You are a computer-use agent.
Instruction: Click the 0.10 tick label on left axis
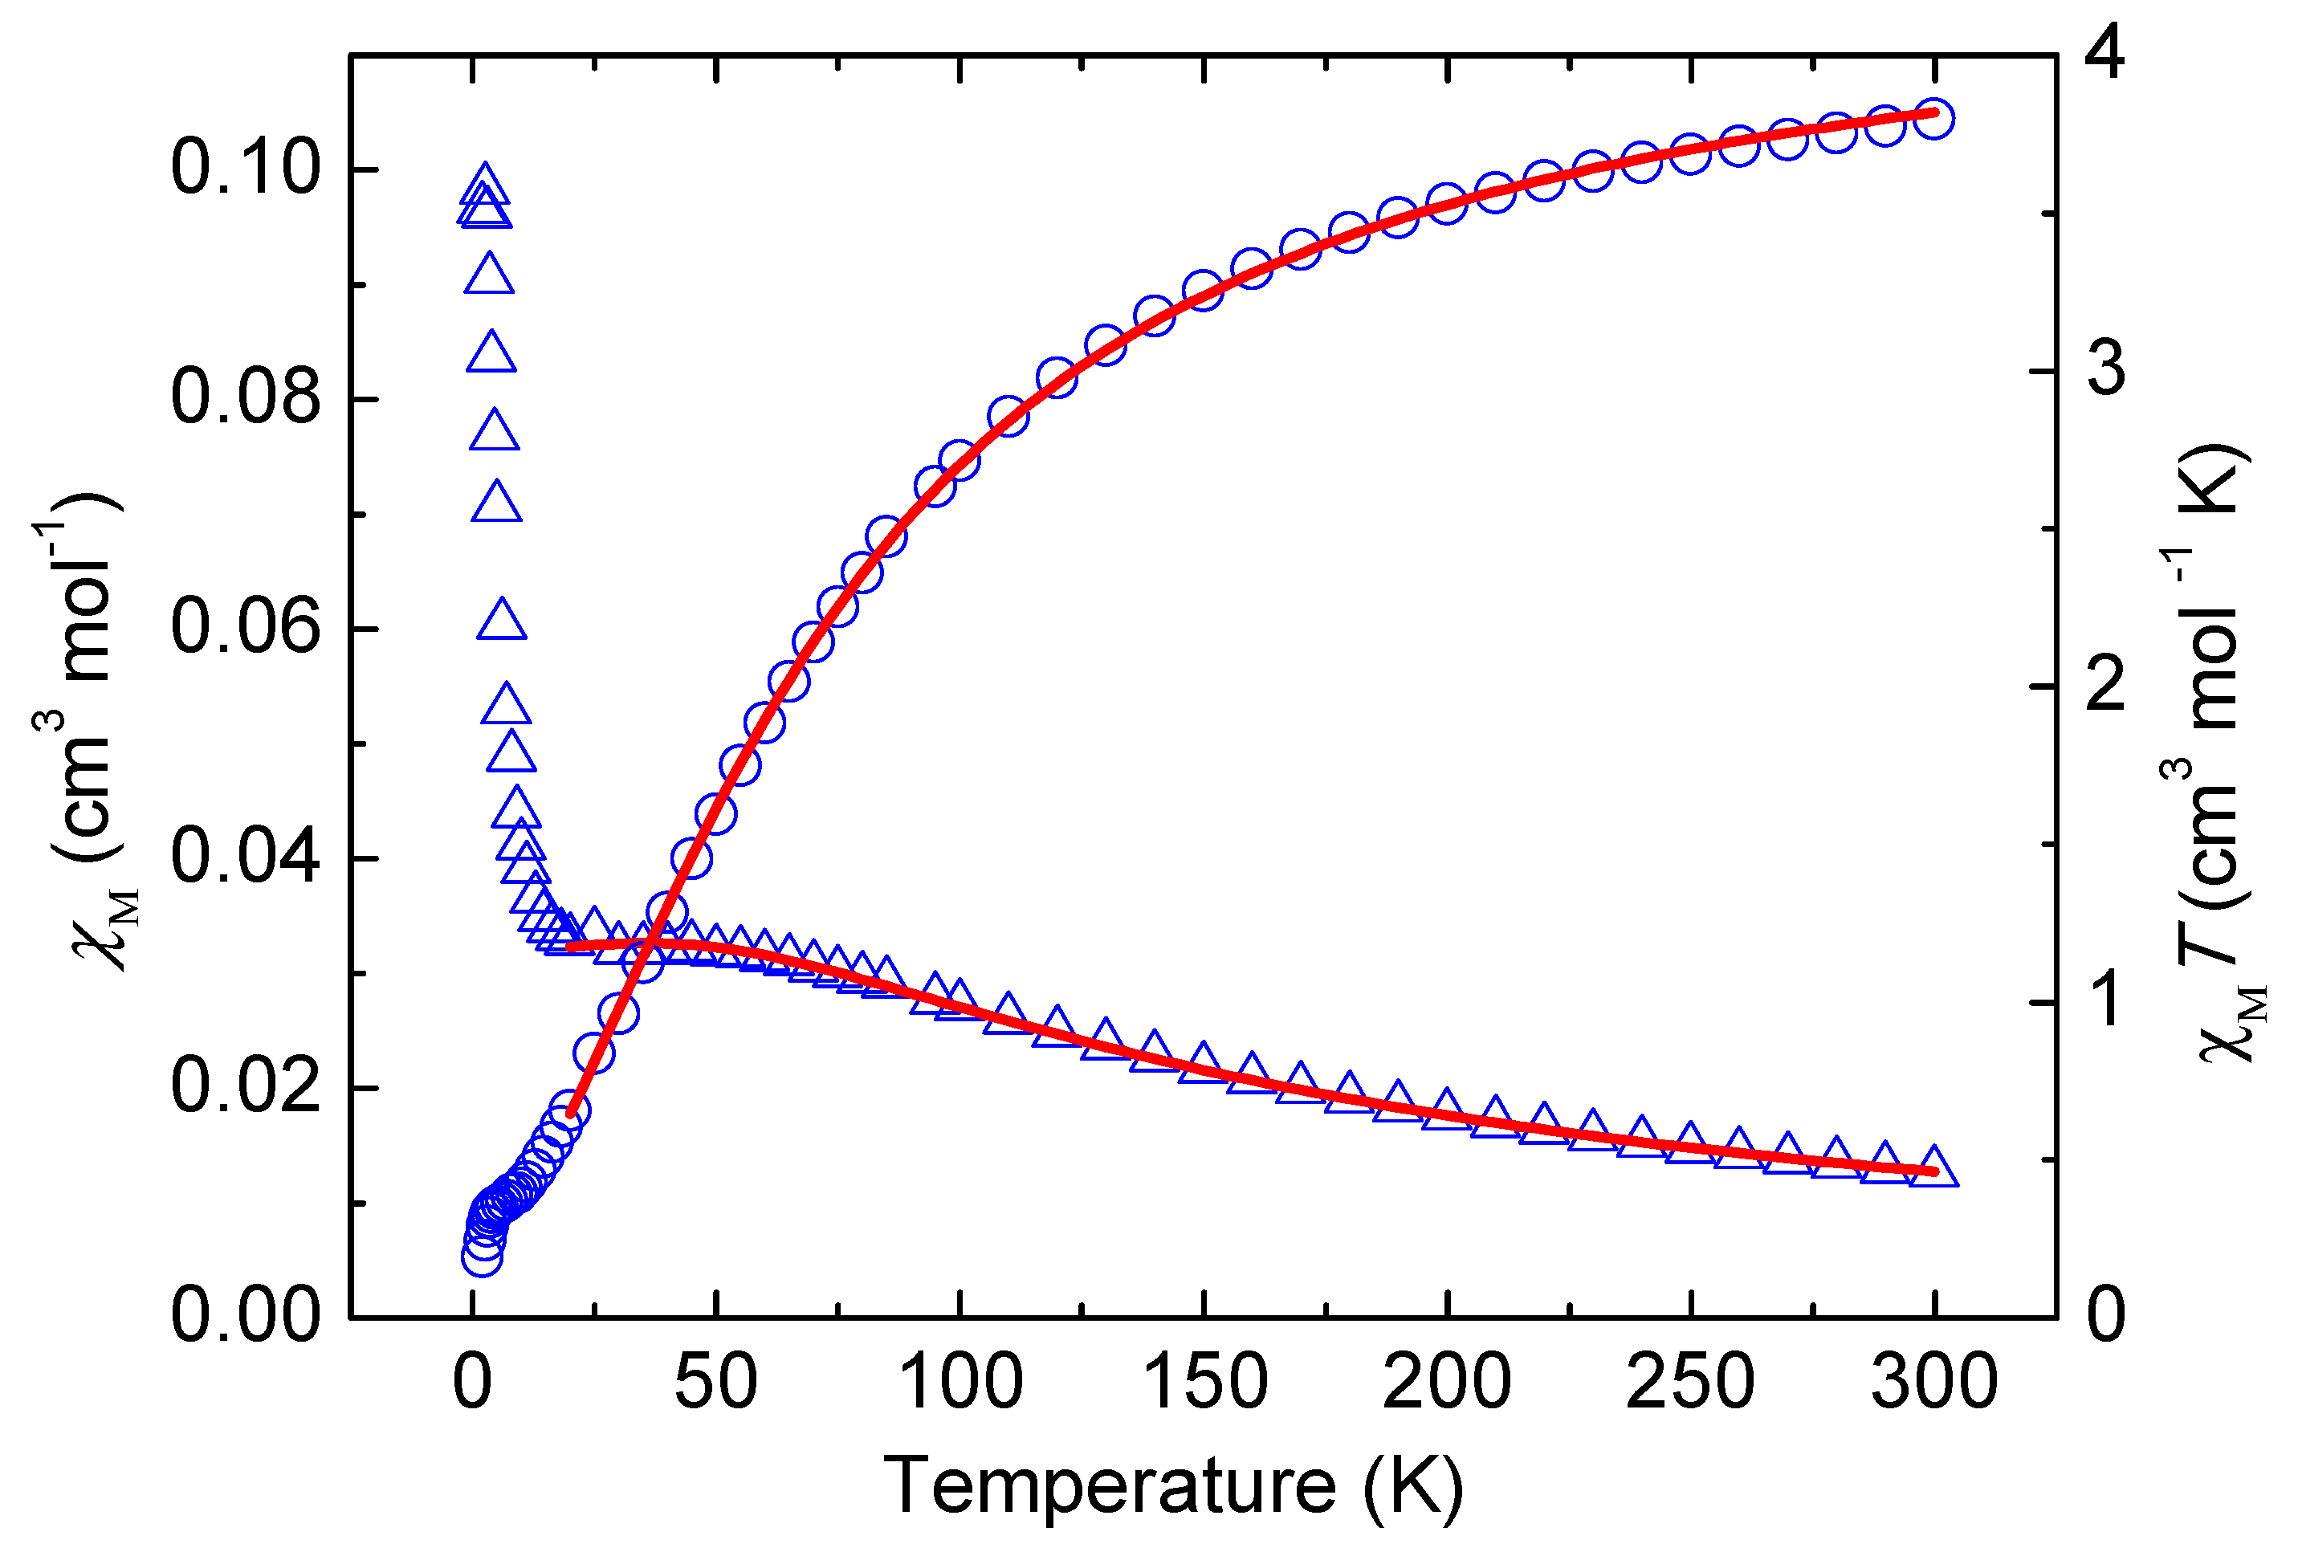coord(245,168)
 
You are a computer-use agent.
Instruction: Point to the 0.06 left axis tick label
coord(245,627)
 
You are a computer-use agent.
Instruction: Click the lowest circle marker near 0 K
coord(482,1256)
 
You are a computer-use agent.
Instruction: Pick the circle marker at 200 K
coord(1447,203)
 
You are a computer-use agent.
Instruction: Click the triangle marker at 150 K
coord(1204,1062)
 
